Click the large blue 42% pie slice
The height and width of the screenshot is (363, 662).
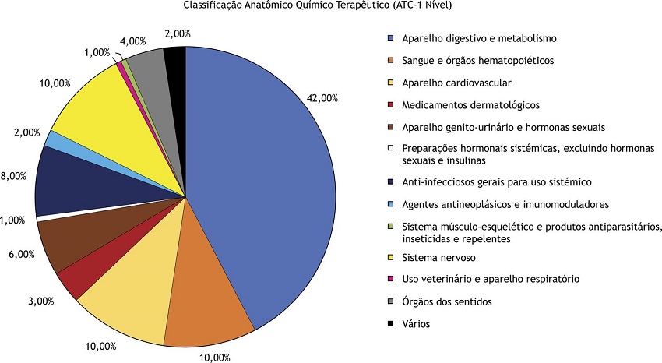265,179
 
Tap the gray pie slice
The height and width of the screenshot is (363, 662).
146,66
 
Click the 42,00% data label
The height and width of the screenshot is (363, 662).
322,99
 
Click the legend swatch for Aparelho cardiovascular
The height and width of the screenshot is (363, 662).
390,83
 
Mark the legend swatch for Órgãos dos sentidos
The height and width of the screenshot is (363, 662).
390,301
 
